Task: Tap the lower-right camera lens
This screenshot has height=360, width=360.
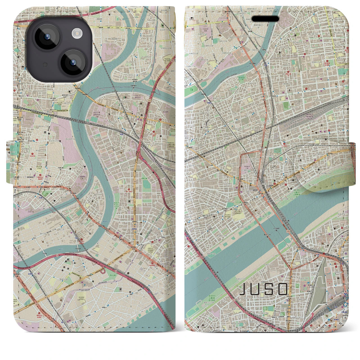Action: coord(73,63)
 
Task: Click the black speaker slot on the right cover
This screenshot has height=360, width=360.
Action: coord(265,19)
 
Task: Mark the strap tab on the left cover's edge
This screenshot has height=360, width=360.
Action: coord(10,162)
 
